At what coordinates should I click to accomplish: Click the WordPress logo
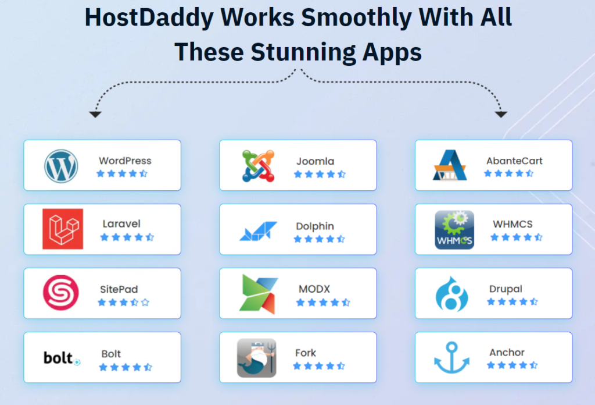click(x=61, y=166)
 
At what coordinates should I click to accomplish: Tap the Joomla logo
click(x=259, y=166)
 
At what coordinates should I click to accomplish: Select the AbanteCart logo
click(x=450, y=165)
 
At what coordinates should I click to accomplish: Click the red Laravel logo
click(x=63, y=229)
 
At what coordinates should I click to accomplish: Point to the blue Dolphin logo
click(x=258, y=231)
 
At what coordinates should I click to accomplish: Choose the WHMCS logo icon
click(x=454, y=230)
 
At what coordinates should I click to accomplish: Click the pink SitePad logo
click(x=60, y=293)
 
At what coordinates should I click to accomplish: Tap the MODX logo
click(x=259, y=294)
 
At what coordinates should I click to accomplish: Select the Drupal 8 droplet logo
click(x=451, y=294)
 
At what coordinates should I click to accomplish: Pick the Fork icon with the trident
click(x=256, y=358)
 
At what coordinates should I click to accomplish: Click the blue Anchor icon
click(x=451, y=357)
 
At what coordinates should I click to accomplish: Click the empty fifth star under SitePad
click(x=145, y=303)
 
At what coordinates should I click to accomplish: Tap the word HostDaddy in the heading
click(x=149, y=17)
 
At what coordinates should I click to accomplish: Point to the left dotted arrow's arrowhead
click(x=95, y=114)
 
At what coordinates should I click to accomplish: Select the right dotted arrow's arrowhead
click(x=501, y=114)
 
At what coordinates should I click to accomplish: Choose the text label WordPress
click(x=126, y=161)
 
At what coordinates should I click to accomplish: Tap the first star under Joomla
click(x=298, y=175)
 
